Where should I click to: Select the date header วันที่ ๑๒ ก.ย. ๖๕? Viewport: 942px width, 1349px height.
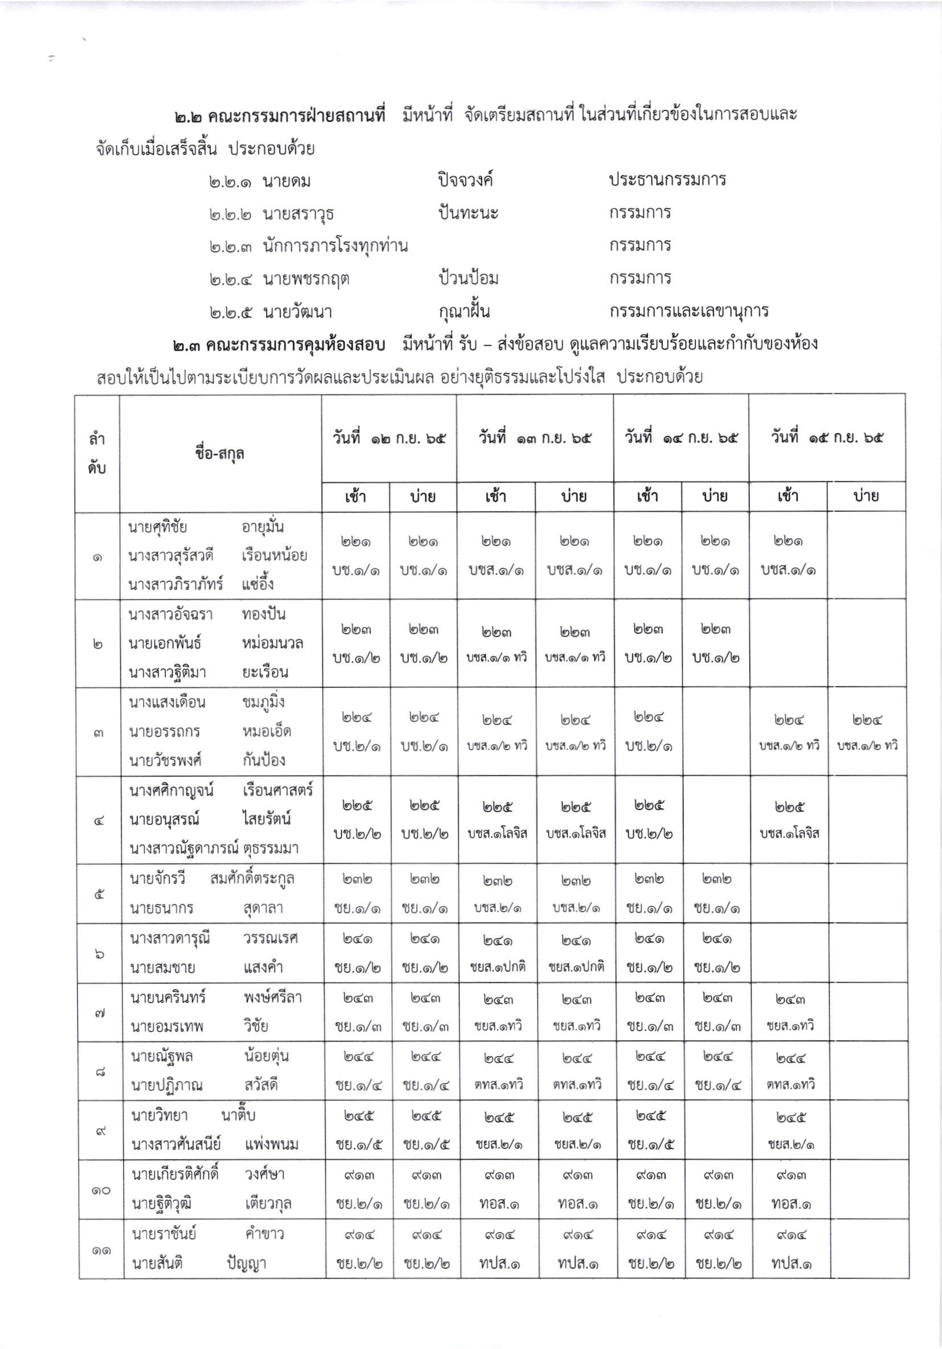pos(389,438)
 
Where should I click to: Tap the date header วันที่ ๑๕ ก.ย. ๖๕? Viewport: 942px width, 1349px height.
pos(826,438)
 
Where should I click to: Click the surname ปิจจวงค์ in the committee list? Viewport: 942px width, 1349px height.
pos(465,180)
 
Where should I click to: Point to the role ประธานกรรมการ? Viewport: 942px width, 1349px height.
pos(667,179)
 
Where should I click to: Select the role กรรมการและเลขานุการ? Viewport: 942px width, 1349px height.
pos(689,311)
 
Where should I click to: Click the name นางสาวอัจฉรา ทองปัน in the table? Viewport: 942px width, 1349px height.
pos(207,614)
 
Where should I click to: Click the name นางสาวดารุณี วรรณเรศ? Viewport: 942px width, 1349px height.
pos(213,938)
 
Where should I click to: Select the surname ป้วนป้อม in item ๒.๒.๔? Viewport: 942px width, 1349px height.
pos(468,278)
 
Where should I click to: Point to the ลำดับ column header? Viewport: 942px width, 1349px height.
pos(97,454)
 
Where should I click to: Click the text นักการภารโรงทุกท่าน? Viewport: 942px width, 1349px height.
pos(335,246)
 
